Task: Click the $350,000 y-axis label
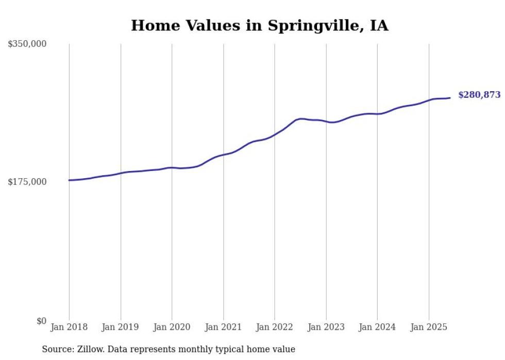[27, 44]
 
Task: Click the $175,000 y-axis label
[27, 182]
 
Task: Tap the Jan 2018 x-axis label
[69, 327]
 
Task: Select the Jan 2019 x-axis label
[121, 327]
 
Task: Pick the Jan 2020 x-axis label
[172, 327]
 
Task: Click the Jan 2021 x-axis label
[223, 327]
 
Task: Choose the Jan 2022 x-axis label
[275, 327]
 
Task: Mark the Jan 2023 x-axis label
[326, 327]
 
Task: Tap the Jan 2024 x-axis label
[377, 327]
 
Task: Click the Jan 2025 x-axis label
[429, 327]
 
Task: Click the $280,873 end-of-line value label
[479, 95]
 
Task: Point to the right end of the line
[450, 98]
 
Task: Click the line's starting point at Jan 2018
[69, 180]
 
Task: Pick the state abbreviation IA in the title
[379, 25]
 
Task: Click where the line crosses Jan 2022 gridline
[275, 134]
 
